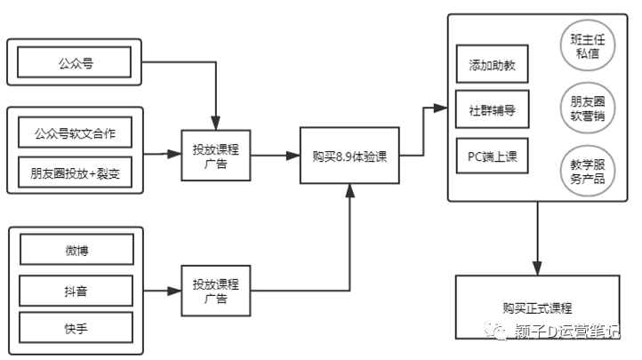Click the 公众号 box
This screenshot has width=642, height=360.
point(75,62)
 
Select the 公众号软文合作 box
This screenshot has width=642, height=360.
point(75,134)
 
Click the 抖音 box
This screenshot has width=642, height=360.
point(76,290)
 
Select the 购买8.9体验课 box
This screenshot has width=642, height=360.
point(349,156)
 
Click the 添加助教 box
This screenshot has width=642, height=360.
point(493,66)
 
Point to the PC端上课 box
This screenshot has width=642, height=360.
point(493,157)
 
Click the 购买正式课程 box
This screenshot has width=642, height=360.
point(536,308)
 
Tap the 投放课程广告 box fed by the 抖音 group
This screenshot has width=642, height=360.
point(215,291)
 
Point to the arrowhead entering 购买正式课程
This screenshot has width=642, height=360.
point(537,268)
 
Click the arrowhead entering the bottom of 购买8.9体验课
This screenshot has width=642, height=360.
point(349,192)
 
